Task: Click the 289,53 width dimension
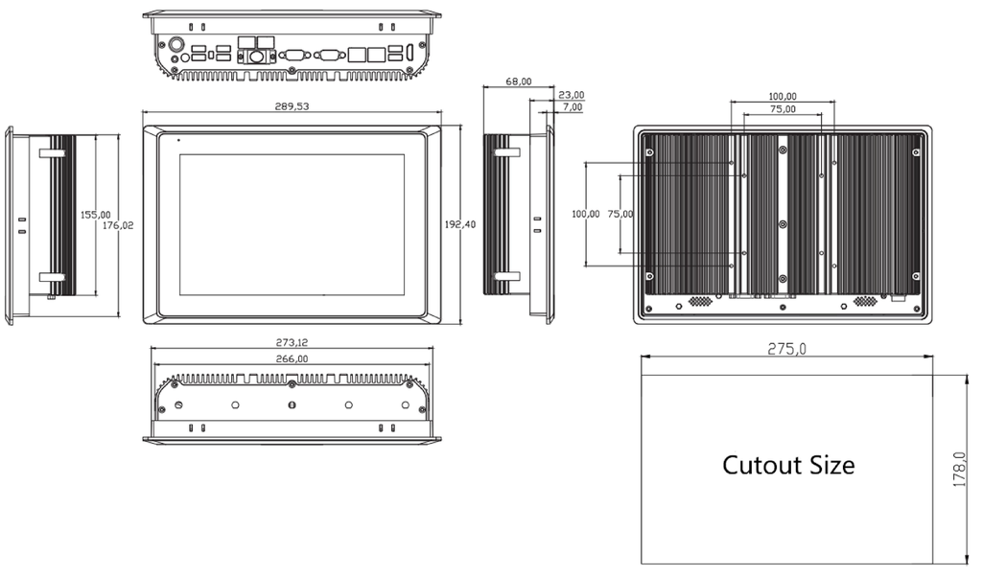tap(292, 106)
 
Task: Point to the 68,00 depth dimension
tap(519, 81)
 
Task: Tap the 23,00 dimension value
tap(572, 95)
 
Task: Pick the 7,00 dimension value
tap(573, 107)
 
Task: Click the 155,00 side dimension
tap(95, 215)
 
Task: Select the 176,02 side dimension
tap(118, 225)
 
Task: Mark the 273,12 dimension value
tap(292, 343)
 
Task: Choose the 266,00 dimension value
tap(292, 359)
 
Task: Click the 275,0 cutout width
tap(787, 349)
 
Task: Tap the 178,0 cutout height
tap(959, 470)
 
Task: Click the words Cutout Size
tap(788, 465)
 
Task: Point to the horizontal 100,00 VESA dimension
tap(783, 97)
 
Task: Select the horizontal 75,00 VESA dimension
tap(783, 109)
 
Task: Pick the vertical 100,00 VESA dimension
tap(586, 214)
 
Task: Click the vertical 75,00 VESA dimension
tap(620, 214)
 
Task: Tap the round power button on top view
tap(176, 45)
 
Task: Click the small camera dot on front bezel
tap(178, 140)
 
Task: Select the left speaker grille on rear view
tap(701, 301)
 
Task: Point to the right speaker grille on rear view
tap(865, 301)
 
